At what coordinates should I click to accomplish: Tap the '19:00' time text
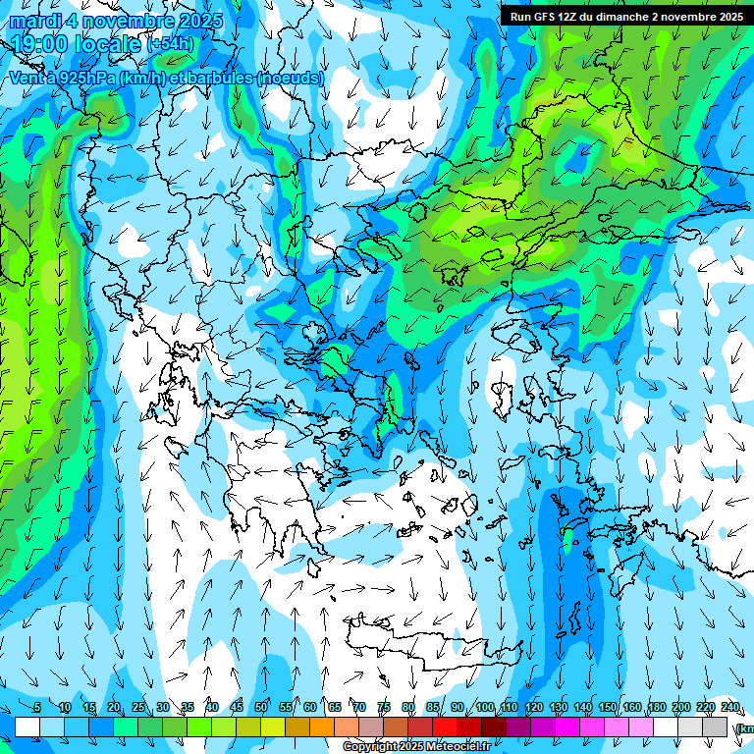point(41,44)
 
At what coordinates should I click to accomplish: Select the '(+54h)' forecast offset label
point(170,44)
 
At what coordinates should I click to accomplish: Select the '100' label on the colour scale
point(485,707)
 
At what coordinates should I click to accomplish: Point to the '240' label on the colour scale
point(730,707)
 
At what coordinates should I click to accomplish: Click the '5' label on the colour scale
point(37,707)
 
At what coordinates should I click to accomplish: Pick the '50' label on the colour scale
point(261,707)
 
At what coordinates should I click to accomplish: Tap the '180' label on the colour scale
point(655,707)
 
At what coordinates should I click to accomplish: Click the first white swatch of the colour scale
point(27,727)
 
